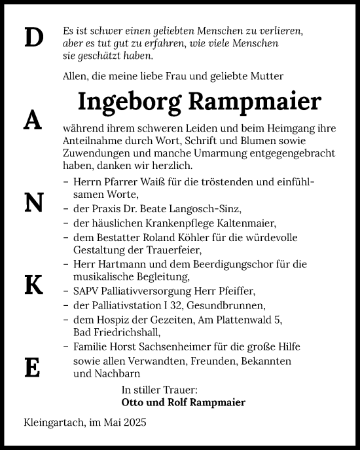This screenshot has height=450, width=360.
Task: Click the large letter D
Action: click(33, 38)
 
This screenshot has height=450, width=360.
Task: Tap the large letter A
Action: click(33, 119)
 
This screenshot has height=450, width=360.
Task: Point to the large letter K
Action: click(33, 284)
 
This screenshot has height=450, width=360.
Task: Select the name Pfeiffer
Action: click(234, 291)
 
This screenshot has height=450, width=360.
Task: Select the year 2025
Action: click(135, 423)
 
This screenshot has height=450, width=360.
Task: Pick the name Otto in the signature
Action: click(134, 402)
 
